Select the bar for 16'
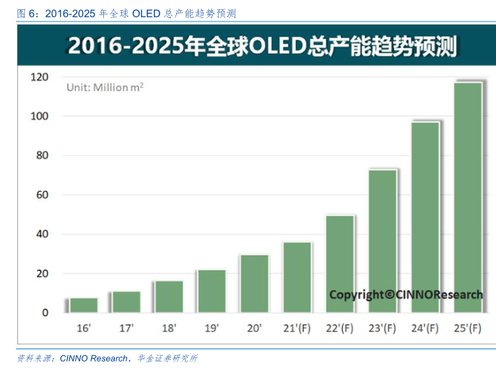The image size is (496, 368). point(84,305)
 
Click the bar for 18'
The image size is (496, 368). point(169,297)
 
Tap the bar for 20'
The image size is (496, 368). point(254,284)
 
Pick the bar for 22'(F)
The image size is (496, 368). point(340,263)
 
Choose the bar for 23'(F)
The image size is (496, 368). point(383,241)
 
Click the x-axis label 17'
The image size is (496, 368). point(126,329)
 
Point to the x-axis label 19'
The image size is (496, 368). point(212,329)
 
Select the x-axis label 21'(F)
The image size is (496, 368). point(297,329)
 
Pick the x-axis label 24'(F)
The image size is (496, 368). point(425,329)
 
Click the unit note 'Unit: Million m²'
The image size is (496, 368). point(105,87)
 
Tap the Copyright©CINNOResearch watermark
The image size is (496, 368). point(406,294)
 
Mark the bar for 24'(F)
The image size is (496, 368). point(425,217)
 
